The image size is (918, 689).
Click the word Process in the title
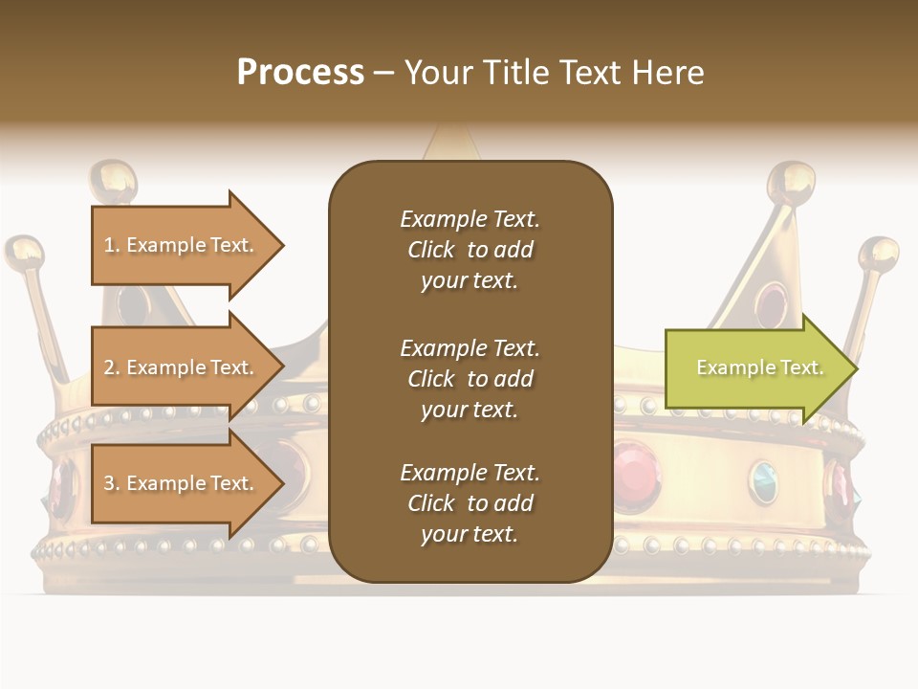pyautogui.click(x=300, y=73)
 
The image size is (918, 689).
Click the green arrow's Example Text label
pyautogui.click(x=759, y=367)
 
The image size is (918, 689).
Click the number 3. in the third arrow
pyautogui.click(x=111, y=483)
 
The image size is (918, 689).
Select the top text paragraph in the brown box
pyautogui.click(x=470, y=250)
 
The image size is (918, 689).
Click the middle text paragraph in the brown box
pyautogui.click(x=470, y=379)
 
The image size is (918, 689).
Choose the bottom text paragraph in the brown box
pyautogui.click(x=470, y=503)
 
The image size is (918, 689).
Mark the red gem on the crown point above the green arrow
pyautogui.click(x=771, y=304)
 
